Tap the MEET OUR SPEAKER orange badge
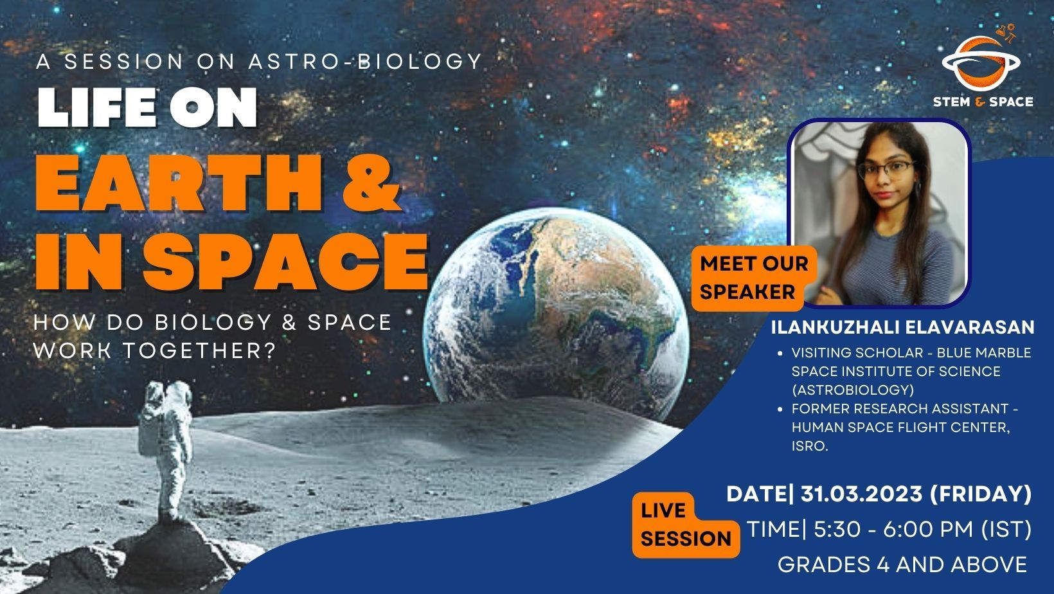click(x=753, y=277)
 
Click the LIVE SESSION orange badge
click(x=685, y=525)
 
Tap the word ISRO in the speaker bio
click(x=808, y=446)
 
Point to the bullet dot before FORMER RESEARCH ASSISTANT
click(x=780, y=409)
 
